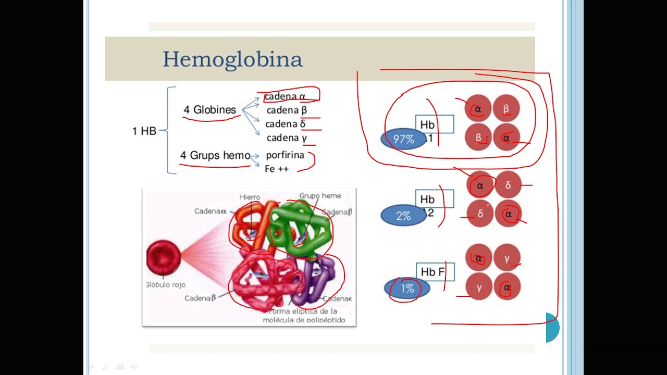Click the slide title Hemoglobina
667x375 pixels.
tap(232, 59)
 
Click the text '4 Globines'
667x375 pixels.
tap(209, 110)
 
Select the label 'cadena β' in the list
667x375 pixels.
tap(287, 110)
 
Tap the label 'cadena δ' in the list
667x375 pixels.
tap(285, 124)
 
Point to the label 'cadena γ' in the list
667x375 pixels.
tap(287, 138)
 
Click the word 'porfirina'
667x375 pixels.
tap(285, 155)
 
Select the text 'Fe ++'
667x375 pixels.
tap(277, 169)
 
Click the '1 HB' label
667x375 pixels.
tap(144, 131)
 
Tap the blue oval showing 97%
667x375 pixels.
tap(404, 140)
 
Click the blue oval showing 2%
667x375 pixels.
tap(403, 216)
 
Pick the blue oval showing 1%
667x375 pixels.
tap(407, 289)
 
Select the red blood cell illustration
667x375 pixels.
tap(163, 257)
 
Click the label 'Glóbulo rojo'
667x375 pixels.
tap(166, 285)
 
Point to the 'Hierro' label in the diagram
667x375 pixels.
tap(250, 197)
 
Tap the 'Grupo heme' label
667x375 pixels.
tap(320, 196)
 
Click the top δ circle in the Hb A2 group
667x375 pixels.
tap(508, 185)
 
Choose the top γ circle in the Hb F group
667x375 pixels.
tap(507, 258)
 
